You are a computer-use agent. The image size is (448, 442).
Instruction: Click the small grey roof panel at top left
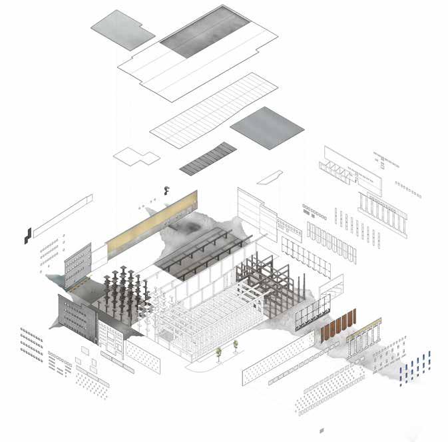pos(122,27)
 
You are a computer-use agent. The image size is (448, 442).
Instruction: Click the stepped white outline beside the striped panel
pos(136,157)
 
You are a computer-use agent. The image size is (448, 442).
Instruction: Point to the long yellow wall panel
pos(152,220)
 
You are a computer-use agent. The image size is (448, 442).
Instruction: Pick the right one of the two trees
pos(236,346)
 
